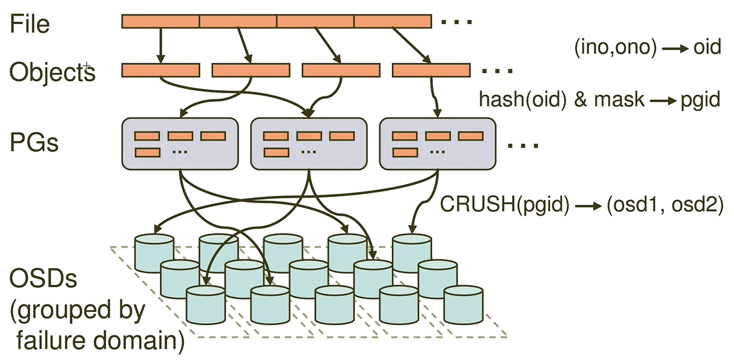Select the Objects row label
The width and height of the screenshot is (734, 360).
coord(52,72)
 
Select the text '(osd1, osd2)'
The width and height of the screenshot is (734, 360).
coord(664,204)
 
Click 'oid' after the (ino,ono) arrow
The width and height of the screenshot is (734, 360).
coord(707,47)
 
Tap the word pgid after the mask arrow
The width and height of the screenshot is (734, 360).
coord(699,99)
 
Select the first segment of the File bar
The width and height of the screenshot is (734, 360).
coord(161,22)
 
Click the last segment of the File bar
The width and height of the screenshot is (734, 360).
coord(393,22)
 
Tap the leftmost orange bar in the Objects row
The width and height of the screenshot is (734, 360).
coord(161,70)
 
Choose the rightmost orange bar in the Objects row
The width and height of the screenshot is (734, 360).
coord(430,70)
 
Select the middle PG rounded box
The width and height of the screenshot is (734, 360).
coord(308,143)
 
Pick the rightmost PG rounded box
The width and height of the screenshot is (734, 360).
coord(438,143)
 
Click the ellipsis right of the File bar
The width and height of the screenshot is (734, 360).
coord(457,23)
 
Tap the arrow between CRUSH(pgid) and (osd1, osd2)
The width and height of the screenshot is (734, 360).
coord(589,205)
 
